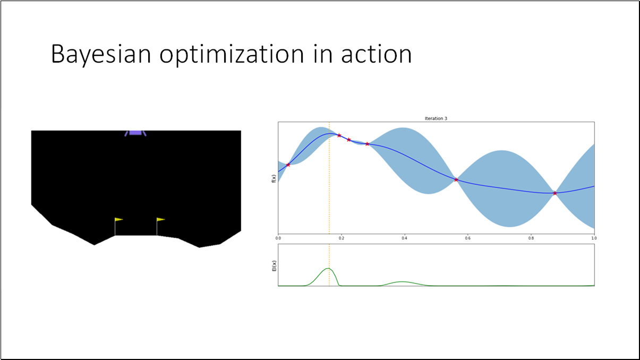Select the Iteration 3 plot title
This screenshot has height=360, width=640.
click(436, 118)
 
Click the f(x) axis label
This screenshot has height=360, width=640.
click(274, 178)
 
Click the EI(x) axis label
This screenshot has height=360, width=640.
click(274, 265)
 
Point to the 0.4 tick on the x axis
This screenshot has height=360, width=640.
click(404, 238)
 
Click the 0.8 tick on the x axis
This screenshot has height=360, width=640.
click(531, 238)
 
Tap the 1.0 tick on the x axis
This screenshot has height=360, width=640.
click(593, 238)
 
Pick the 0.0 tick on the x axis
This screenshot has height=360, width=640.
click(278, 238)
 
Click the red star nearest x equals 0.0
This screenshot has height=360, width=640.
click(288, 165)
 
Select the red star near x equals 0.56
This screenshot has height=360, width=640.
click(456, 179)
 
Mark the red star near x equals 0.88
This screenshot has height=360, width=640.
click(554, 193)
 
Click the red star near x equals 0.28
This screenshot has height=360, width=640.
click(367, 144)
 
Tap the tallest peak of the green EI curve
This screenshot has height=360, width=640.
click(328, 269)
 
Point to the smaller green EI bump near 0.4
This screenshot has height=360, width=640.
click(402, 281)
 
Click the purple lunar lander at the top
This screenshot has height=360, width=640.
click(135, 133)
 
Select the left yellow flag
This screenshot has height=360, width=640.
click(118, 219)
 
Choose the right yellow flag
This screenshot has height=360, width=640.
click(160, 219)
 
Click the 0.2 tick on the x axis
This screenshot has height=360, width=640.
click(341, 238)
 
